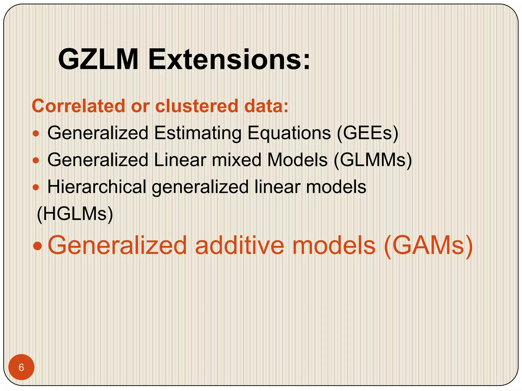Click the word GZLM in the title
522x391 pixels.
point(98,59)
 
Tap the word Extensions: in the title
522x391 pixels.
point(229,59)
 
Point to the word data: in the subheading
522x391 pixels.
point(266,106)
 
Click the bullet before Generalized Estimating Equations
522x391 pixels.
point(36,133)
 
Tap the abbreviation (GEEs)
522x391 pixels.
point(367,133)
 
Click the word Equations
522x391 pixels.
point(289,133)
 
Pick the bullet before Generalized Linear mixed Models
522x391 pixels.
point(36,160)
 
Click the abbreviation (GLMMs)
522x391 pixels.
point(373,160)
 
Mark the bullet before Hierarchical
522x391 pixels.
point(36,188)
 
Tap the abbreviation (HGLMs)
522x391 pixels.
point(75,214)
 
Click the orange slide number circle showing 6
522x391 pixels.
point(21,367)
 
